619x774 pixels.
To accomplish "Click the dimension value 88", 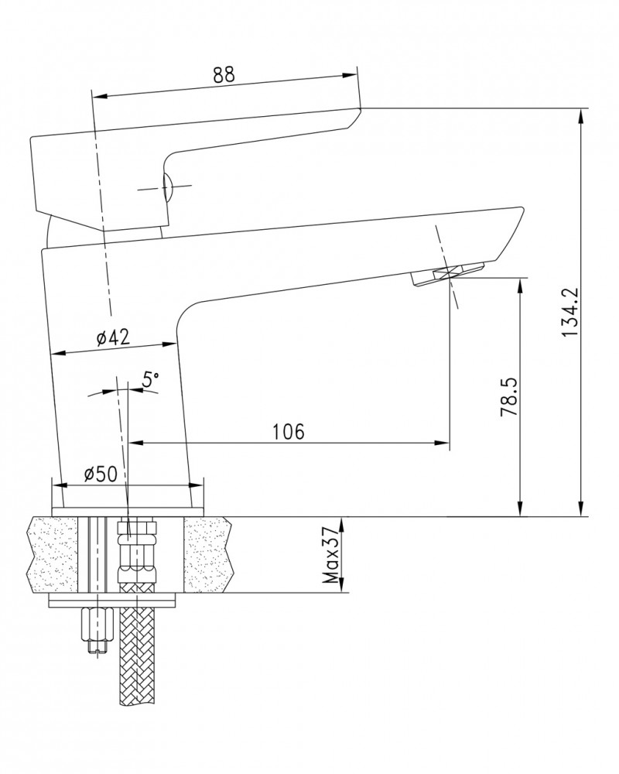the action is point(224,74).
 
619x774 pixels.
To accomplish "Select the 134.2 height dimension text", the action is point(569,313).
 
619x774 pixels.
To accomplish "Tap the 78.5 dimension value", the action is point(508,396).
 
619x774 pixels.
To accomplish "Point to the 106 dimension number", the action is point(289,431).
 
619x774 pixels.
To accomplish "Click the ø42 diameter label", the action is point(113,337).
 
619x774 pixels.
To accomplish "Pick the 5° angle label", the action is point(151,379).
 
